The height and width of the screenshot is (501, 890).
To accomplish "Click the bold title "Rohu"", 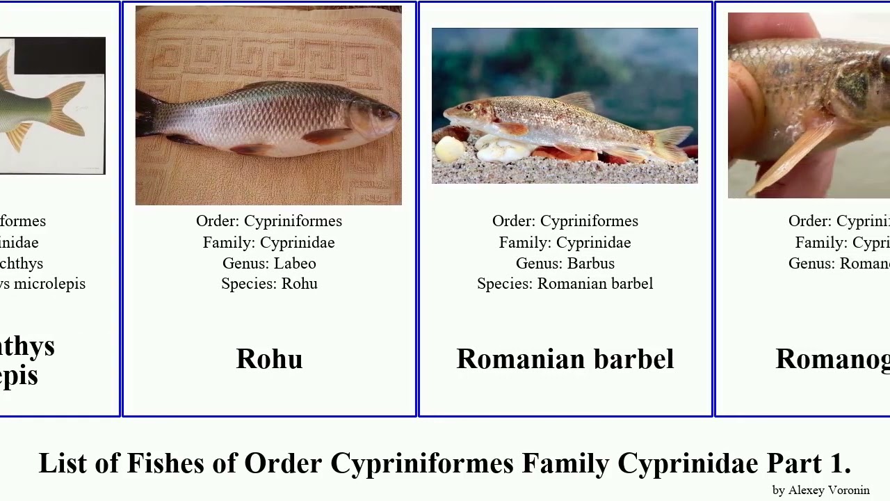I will tap(269, 359).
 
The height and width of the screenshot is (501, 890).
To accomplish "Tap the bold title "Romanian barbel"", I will tap(565, 359).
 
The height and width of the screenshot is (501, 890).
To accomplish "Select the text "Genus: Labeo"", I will tap(269, 263).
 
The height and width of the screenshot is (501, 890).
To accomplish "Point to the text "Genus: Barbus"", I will tap(565, 263).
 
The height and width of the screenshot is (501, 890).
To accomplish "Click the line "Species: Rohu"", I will tap(269, 284).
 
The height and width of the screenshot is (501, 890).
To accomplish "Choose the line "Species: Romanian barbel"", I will tap(565, 284).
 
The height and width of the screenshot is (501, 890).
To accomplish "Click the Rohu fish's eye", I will tap(382, 111).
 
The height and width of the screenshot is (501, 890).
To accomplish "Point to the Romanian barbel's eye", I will tap(467, 106).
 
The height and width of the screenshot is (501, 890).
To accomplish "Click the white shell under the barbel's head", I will tap(450, 149).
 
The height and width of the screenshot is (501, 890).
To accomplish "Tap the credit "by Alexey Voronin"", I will tap(820, 490).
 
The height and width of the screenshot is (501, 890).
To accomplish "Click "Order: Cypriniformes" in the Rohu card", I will tap(269, 221).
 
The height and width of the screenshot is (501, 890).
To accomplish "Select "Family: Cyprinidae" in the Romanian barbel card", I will tap(565, 242).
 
